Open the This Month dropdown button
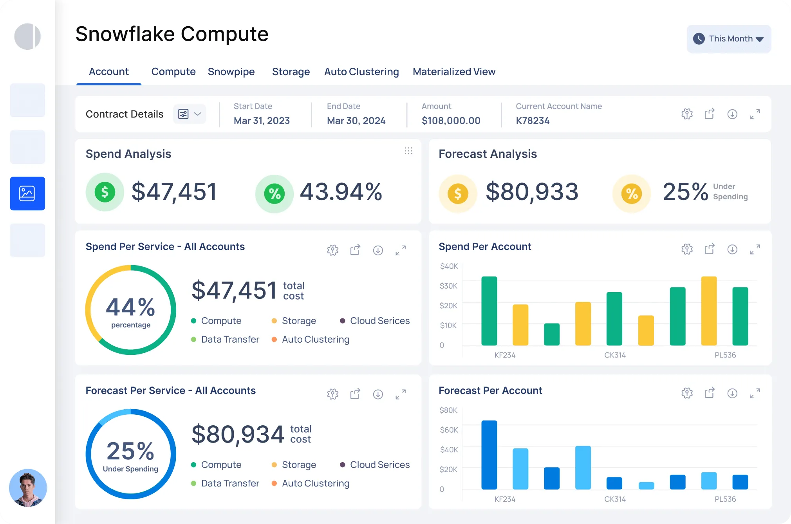pos(729,39)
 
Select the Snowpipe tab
pos(231,72)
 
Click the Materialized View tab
pos(454,72)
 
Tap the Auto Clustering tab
pos(361,72)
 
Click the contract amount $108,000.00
pos(451,121)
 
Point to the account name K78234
pos(533,121)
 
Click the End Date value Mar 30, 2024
pos(356,121)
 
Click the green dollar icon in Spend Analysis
pos(105,192)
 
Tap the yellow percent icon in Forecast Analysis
pos(631,193)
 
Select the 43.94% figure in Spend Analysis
pos(341,192)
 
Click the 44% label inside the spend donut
pos(130,307)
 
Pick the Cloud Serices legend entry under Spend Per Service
pos(379,321)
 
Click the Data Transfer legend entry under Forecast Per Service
pos(230,483)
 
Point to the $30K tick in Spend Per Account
pos(448,286)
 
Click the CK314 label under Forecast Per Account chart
pos(615,499)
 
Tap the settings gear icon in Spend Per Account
pos(687,249)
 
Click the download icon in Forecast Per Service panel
pos(378,394)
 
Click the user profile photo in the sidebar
pos(28,488)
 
